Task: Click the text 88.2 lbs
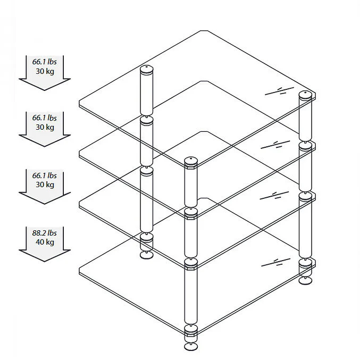(44, 233)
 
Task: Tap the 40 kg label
(45, 242)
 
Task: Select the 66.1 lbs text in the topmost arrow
(44, 62)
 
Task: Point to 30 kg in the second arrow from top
(45, 127)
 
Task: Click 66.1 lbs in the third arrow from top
(44, 175)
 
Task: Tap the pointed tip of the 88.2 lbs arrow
(45, 262)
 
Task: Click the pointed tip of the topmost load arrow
(45, 90)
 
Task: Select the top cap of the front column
(191, 162)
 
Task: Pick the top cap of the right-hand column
(305, 95)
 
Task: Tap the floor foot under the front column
(191, 347)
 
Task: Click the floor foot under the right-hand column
(305, 281)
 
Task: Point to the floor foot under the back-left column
(146, 255)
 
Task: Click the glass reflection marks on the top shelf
(279, 91)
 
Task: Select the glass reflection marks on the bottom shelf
(276, 263)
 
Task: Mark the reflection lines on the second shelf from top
(275, 145)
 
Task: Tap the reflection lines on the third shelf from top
(274, 195)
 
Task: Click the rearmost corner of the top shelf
(204, 30)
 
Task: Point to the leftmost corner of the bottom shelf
(79, 271)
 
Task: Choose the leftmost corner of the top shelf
(79, 103)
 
